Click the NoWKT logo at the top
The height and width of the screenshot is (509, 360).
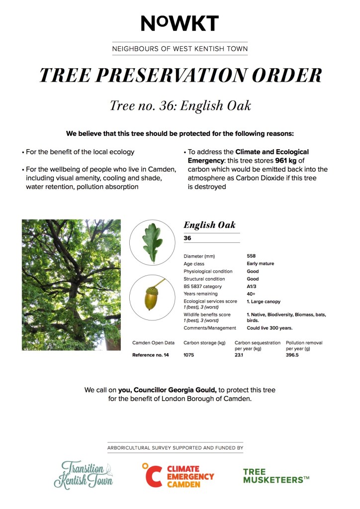point(180,23)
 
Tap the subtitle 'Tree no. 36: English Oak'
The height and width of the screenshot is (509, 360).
point(180,105)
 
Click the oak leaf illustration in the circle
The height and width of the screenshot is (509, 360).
point(153,243)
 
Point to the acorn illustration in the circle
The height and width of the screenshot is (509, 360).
point(153,298)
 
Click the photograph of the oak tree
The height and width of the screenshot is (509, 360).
point(71,285)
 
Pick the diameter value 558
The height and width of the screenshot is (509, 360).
point(251,256)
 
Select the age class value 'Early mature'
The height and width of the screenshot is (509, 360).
point(260,264)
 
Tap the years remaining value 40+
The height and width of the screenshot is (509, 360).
point(251,294)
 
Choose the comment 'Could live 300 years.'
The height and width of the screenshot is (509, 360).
point(270,328)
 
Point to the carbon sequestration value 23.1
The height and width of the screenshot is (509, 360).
point(239,355)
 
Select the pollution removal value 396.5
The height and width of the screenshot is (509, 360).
point(293,355)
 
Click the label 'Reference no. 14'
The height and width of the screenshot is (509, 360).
point(150,355)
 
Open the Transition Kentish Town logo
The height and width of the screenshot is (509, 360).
point(84,474)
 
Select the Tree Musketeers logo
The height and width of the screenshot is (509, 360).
point(276,476)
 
